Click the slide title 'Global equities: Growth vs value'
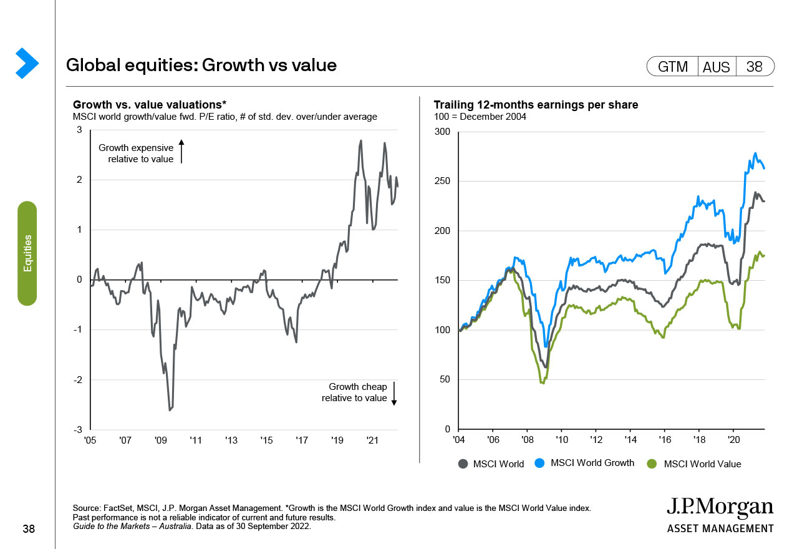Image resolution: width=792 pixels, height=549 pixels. (201, 65)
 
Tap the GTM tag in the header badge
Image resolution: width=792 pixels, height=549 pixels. (673, 67)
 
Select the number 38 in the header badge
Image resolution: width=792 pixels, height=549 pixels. (754, 67)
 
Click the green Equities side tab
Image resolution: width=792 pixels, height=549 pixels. (27, 253)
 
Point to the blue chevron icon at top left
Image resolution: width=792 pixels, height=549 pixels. (27, 63)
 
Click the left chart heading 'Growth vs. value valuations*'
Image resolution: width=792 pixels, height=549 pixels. (150, 105)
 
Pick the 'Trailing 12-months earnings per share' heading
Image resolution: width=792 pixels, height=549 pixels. (536, 105)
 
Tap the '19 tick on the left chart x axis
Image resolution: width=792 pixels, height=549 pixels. (337, 440)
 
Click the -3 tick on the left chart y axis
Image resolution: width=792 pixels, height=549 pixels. (79, 430)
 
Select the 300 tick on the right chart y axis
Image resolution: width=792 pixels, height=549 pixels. (442, 132)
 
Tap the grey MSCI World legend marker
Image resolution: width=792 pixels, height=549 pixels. (463, 464)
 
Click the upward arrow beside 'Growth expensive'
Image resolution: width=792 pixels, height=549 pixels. (181, 152)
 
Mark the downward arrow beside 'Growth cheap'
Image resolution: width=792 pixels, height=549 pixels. (394, 394)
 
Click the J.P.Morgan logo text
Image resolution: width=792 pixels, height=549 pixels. (720, 508)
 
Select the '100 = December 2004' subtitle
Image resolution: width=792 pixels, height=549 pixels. (480, 117)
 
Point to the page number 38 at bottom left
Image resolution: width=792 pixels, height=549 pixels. (29, 529)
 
